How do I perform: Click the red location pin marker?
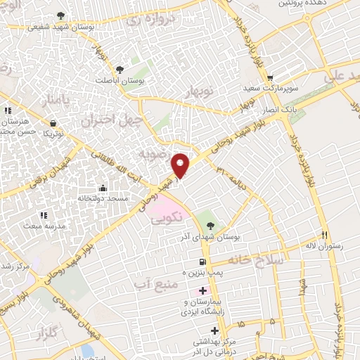(181, 165)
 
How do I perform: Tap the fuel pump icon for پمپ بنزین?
(193, 261)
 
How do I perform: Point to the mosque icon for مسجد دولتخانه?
(103, 188)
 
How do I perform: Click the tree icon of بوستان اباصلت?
(119, 69)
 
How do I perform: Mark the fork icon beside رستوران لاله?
(324, 235)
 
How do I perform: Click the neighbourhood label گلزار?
(59, 330)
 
